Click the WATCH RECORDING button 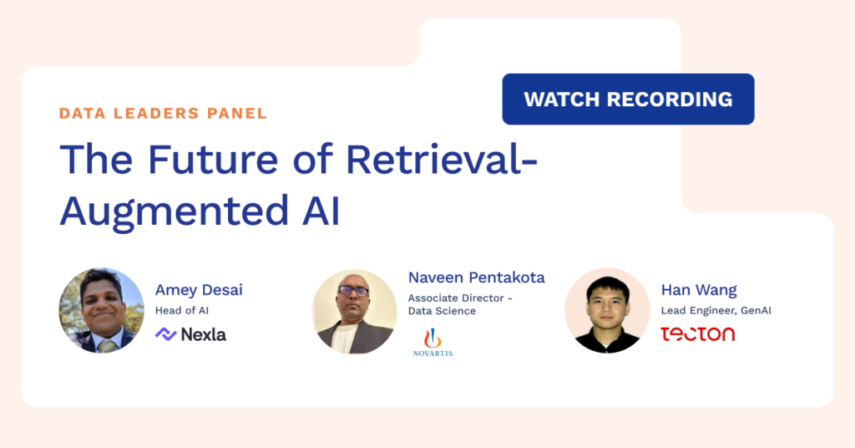click(628, 99)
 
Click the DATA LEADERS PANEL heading click(163, 114)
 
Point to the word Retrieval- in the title click(442, 160)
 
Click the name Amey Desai click(199, 290)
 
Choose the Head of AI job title click(181, 310)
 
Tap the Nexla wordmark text click(204, 334)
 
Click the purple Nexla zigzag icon click(166, 334)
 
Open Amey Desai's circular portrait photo click(101, 310)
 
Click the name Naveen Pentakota click(477, 277)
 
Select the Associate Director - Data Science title click(460, 304)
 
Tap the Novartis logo click(433, 343)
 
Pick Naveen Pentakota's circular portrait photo click(354, 312)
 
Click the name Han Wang click(699, 290)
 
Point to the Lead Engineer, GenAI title click(716, 310)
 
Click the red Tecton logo click(698, 334)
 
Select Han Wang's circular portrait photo click(608, 310)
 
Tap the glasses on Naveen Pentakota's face click(353, 290)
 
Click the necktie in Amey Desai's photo click(107, 345)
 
